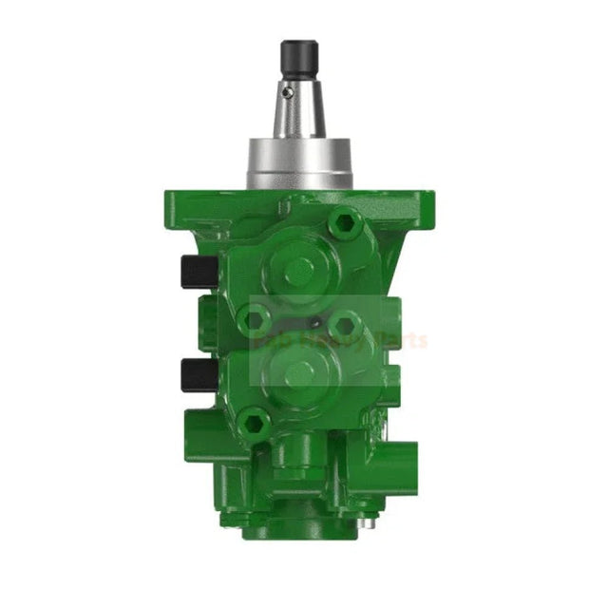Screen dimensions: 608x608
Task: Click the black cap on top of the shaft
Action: (297, 59)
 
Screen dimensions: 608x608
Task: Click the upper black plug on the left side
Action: (198, 272)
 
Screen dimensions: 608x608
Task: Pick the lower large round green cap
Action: (299, 372)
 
